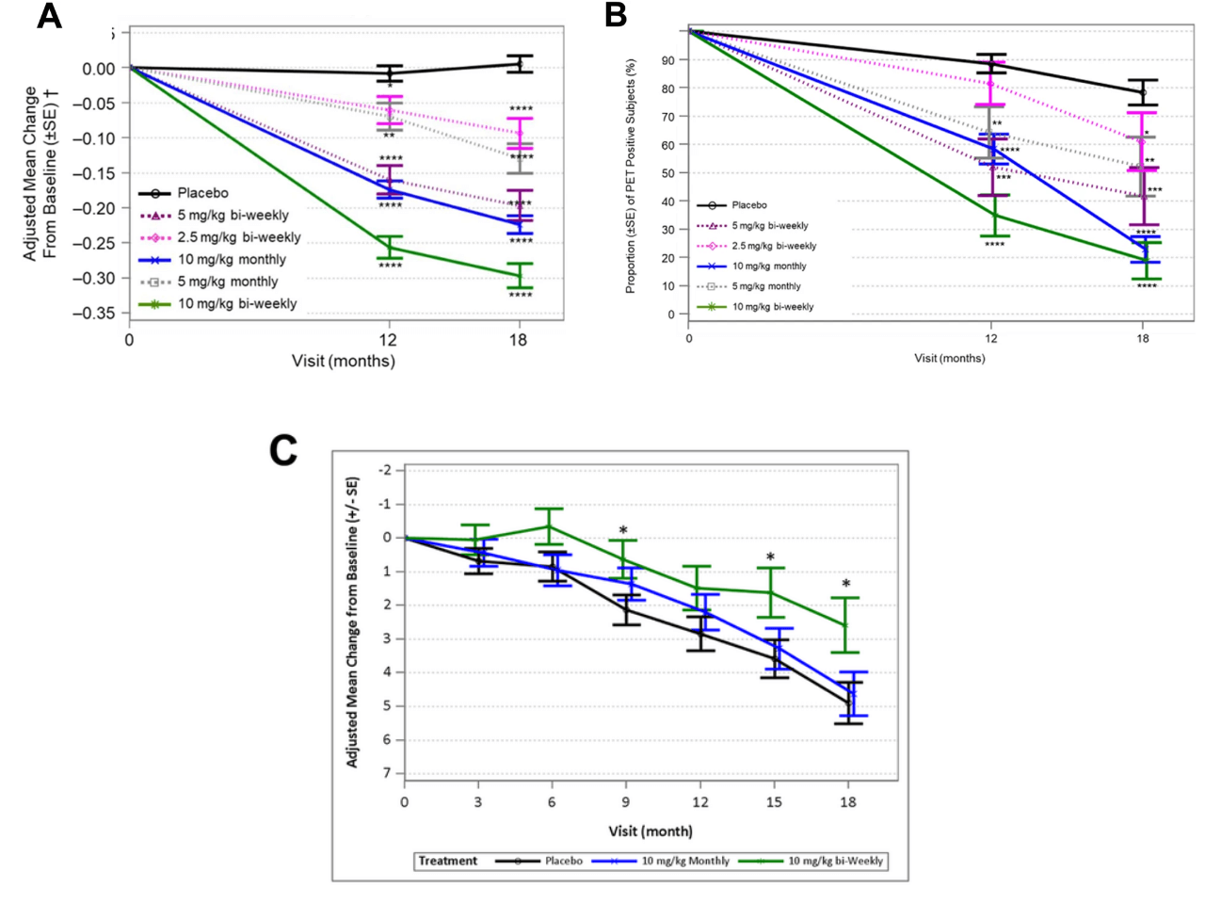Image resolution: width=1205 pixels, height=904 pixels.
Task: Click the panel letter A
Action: tap(49, 16)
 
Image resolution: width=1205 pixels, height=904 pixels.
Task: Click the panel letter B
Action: tap(616, 14)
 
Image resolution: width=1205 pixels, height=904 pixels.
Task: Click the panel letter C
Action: tap(283, 450)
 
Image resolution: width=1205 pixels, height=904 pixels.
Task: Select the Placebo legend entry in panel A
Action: tap(202, 193)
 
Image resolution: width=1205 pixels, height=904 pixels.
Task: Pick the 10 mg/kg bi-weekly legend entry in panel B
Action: tap(772, 307)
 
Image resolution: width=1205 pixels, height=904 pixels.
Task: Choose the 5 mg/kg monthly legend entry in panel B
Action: tap(766, 286)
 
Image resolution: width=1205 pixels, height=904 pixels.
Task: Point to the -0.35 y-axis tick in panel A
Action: tap(99, 313)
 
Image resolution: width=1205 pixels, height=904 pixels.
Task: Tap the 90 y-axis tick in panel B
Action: tap(669, 60)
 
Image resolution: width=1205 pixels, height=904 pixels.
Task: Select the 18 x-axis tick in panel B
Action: tap(1143, 339)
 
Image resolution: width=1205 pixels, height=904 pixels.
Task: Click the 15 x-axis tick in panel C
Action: tap(774, 802)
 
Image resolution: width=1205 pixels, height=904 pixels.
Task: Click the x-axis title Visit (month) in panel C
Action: tap(651, 831)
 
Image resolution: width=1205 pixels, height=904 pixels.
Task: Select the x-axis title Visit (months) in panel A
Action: tap(344, 361)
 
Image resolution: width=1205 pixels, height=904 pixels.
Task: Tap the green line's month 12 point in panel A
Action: tap(389, 248)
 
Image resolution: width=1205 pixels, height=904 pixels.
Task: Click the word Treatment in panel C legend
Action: tap(447, 861)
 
